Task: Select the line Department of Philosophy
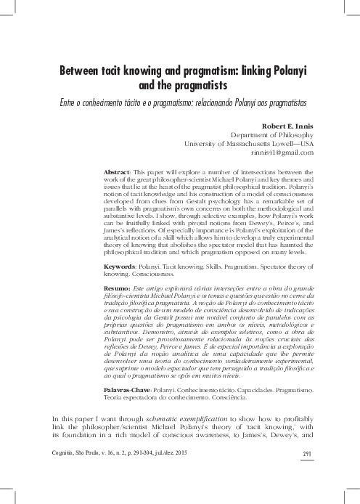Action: pos(271,134)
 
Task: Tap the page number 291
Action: pos(307,473)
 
